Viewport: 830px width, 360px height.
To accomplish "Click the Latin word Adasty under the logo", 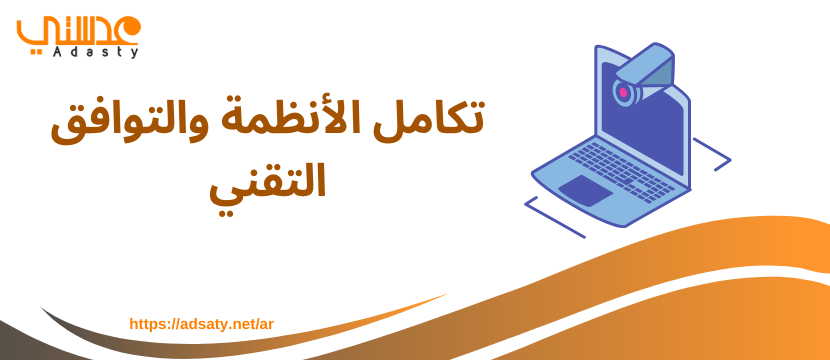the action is coord(96,51).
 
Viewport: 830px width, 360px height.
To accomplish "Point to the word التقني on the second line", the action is coord(267,183).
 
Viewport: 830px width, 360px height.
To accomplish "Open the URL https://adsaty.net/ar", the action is coord(201,324).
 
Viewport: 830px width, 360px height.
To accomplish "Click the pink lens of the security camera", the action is coord(624,93).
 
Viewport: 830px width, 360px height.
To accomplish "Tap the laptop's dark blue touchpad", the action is coord(586,190).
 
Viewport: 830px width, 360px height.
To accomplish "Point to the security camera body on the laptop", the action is coord(643,73).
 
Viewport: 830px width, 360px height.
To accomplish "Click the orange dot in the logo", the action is coord(131,26).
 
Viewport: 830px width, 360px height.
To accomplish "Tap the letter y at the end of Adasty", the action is coord(136,52).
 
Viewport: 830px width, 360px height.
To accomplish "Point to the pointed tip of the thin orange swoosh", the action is coord(446,294).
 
